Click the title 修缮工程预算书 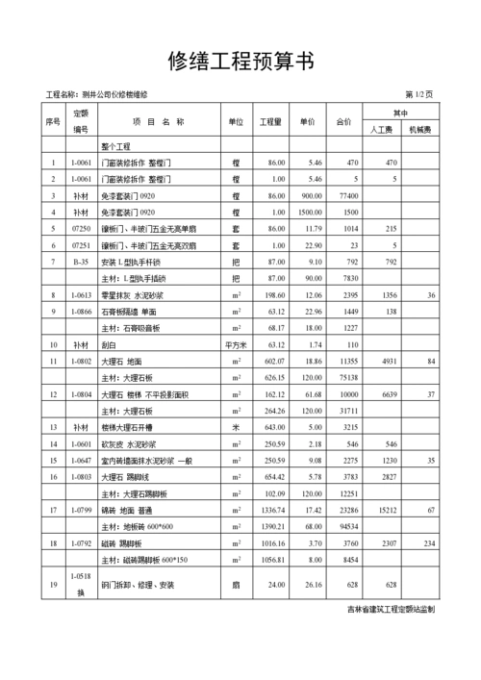[240, 62]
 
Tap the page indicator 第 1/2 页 [418, 94]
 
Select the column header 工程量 [270, 123]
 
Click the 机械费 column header [419, 129]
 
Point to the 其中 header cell [399, 113]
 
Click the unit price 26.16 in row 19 [309, 584]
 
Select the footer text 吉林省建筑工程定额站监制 [391, 609]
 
